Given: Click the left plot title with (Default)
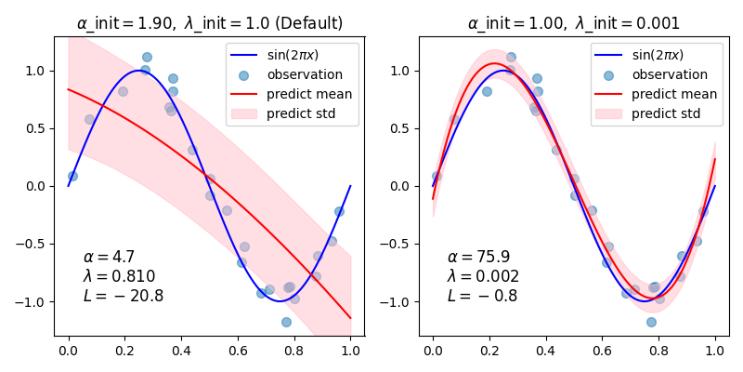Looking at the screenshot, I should coord(209,23).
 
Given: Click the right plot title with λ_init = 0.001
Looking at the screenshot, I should coord(574,23).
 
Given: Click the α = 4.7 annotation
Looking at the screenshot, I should coord(109,257).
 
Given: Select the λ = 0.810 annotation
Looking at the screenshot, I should coord(119,276).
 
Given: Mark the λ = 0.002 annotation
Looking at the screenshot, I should coord(483,276).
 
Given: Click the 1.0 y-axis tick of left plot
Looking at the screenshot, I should coord(37,71).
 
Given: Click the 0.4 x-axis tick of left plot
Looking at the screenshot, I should coord(181,352).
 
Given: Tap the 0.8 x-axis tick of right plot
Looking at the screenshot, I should coord(658,352).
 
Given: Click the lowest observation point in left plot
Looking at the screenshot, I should coord(286,322).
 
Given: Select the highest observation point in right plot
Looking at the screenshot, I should coord(511,57).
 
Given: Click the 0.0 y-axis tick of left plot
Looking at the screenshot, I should coord(37,186).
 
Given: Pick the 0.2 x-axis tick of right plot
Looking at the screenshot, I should coord(489,352).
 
